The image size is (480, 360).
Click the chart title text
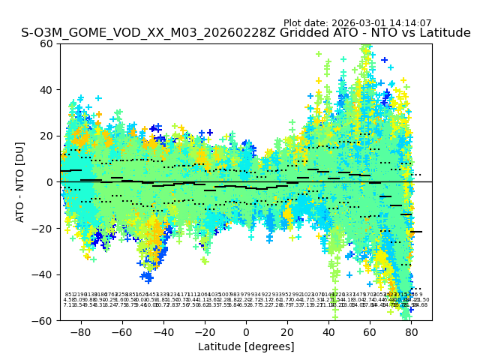[246, 33]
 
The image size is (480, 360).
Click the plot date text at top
[357, 23]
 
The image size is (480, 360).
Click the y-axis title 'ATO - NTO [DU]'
[21, 181]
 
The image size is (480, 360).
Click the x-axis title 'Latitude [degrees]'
[246, 346]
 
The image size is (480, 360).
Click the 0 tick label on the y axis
[50, 182]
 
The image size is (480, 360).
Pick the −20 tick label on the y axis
[44, 228]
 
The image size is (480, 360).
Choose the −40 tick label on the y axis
[44, 274]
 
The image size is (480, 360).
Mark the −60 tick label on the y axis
[44, 320]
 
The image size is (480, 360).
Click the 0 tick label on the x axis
[246, 331]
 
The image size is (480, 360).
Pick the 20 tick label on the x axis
[287, 331]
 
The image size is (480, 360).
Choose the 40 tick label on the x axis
[328, 331]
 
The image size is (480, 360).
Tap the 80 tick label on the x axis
[412, 331]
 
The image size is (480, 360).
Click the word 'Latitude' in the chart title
[444, 33]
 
